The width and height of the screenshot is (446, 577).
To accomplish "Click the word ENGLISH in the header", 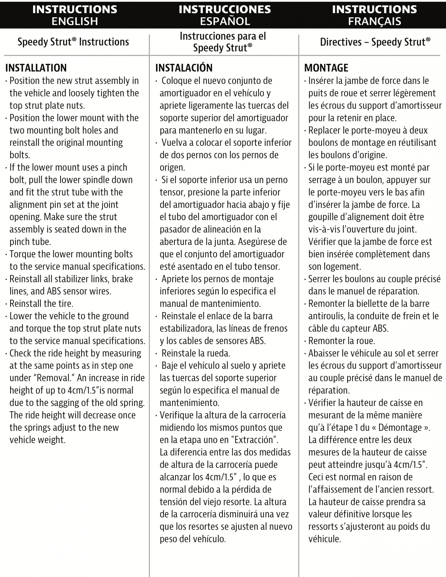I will (74, 21).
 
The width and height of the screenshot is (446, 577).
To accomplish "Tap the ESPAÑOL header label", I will (225, 21).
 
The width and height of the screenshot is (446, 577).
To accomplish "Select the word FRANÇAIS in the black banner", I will (374, 21).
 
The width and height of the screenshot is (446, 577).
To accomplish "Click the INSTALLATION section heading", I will (36, 68).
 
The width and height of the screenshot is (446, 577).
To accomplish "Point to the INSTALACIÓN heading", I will (184, 68).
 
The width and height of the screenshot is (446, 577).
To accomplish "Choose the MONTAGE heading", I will (326, 68).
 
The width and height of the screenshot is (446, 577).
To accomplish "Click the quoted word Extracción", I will (258, 440).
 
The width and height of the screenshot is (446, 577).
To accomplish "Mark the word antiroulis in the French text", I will (329, 316).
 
